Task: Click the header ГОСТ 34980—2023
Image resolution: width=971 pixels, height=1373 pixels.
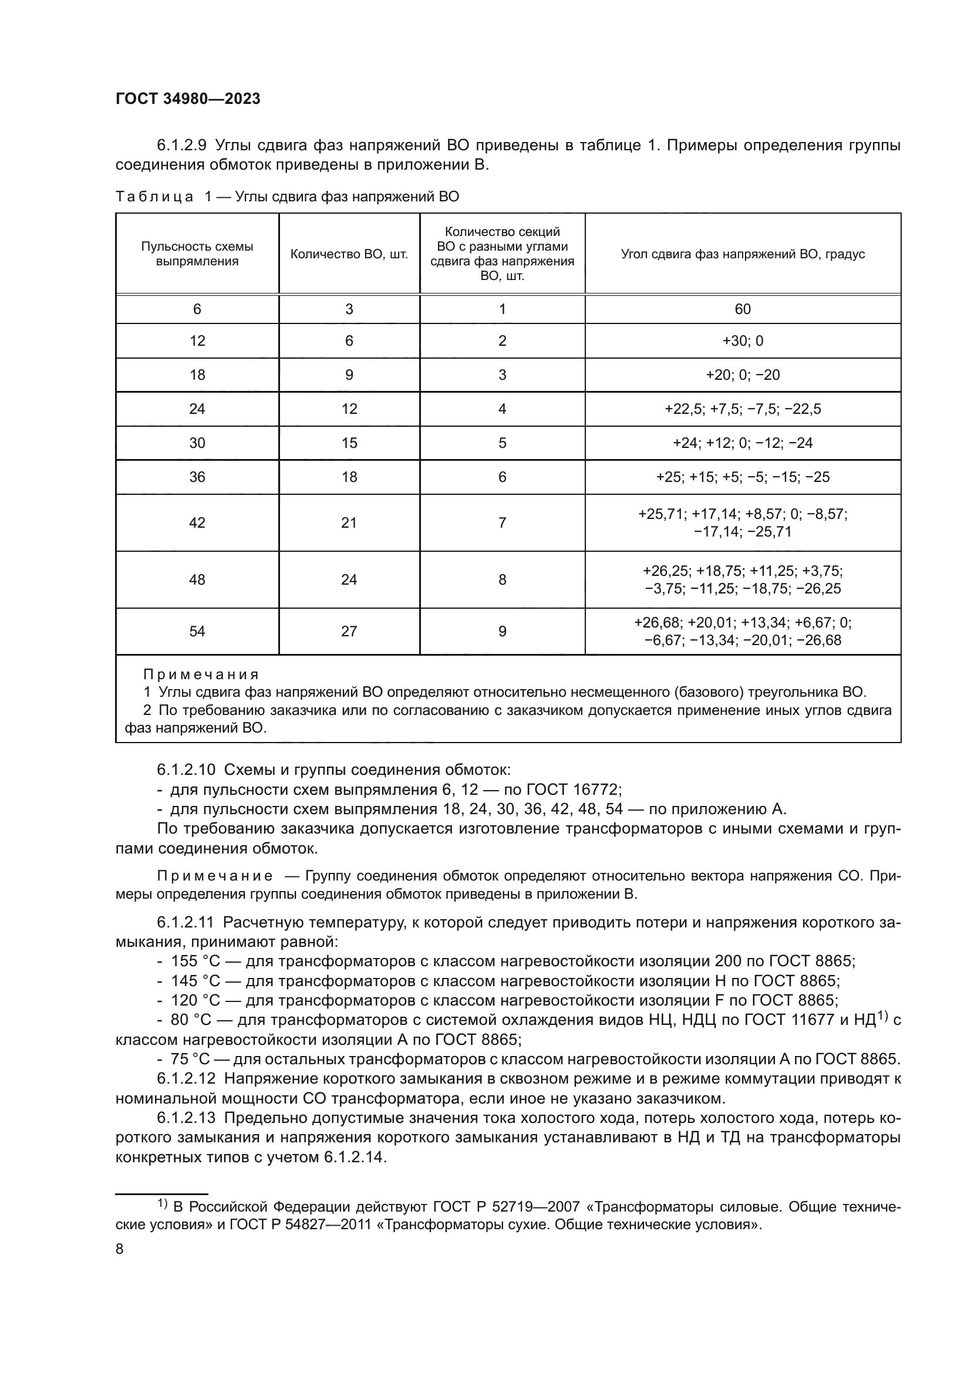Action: point(188,99)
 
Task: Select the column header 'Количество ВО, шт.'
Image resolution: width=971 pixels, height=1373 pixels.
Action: point(349,254)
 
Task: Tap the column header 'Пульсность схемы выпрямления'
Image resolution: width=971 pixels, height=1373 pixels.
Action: point(197,254)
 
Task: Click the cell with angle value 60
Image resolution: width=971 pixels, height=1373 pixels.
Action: point(743,309)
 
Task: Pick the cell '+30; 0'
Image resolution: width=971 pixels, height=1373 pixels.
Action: point(743,341)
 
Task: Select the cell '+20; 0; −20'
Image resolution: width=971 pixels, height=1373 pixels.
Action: point(743,375)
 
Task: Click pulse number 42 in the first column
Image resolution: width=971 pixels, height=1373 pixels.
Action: point(197,522)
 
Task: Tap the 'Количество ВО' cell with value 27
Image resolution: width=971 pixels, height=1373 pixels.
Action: point(349,632)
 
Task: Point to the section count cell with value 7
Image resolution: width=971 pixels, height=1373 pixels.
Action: point(503,522)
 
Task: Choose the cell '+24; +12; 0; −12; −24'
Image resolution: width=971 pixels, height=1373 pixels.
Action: point(743,443)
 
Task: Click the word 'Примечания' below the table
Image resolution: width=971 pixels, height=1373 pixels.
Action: point(201,674)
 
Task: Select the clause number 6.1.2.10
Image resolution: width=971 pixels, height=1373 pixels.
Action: point(186,770)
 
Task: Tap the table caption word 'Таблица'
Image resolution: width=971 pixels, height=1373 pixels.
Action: point(154,197)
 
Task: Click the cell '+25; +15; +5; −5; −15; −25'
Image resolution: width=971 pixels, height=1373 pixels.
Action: point(743,477)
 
